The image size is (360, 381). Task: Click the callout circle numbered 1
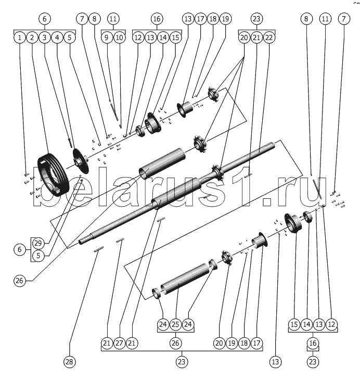click(20, 37)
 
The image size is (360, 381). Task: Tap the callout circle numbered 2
click(32, 37)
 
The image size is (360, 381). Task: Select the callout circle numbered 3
click(45, 37)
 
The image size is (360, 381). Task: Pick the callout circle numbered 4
click(57, 37)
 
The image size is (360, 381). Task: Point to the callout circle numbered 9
click(107, 37)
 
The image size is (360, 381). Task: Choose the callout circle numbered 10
click(119, 37)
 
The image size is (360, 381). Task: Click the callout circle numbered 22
click(269, 37)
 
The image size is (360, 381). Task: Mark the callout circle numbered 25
click(175, 324)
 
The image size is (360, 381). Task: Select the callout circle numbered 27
click(119, 343)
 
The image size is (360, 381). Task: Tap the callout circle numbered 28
click(70, 362)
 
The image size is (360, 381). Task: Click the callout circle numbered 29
click(38, 243)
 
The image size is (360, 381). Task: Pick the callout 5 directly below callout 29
click(38, 256)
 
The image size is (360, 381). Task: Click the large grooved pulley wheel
click(54, 174)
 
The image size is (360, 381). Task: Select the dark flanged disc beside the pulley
click(81, 161)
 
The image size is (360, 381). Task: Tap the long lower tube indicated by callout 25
click(186, 278)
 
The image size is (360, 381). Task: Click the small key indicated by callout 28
click(99, 249)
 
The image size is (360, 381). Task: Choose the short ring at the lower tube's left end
click(156, 293)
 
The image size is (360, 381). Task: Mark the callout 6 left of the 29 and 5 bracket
click(20, 249)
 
